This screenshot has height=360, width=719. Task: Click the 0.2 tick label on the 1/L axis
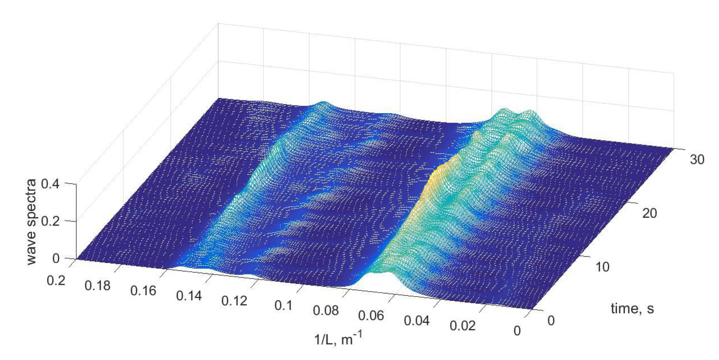pos(56,280)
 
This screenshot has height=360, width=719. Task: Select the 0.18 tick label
pos(97,285)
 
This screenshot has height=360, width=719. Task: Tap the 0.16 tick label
pos(143,291)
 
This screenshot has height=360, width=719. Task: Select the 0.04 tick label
pos(417,321)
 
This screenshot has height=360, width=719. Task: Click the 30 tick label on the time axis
pos(697,160)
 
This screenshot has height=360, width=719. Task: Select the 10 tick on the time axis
pos(602,267)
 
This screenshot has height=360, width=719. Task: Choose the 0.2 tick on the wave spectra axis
pos(50,221)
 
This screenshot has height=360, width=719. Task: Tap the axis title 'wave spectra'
pos(32,222)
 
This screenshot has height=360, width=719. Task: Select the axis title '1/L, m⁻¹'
pos(338,339)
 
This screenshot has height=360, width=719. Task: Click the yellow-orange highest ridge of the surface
pos(435,179)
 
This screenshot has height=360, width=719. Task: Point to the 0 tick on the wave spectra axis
pos(56,258)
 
